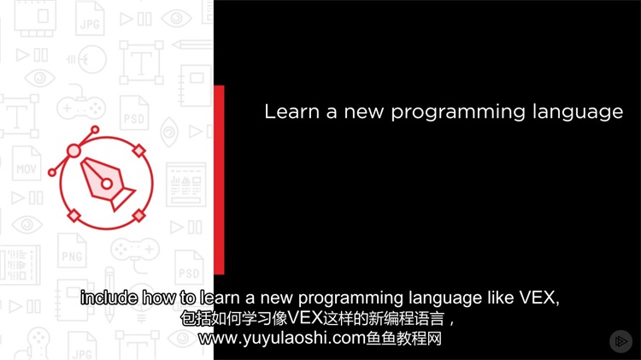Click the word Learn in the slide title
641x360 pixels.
[x=291, y=112]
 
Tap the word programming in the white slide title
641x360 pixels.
[x=458, y=114]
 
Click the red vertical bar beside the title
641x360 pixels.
[x=219, y=180]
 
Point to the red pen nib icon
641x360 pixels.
[x=106, y=183]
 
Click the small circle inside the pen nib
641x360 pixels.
[x=107, y=184]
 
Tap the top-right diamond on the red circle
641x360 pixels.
[x=139, y=150]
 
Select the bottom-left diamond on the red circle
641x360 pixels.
[x=74, y=215]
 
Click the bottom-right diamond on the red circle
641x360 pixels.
[x=139, y=215]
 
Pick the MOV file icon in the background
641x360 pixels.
[x=26, y=163]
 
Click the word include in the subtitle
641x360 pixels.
[x=109, y=298]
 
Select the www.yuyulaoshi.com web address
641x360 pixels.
[x=282, y=339]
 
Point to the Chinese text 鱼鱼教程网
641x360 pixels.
[x=403, y=339]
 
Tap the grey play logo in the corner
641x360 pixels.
[x=620, y=341]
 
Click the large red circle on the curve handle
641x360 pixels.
[x=74, y=151]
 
